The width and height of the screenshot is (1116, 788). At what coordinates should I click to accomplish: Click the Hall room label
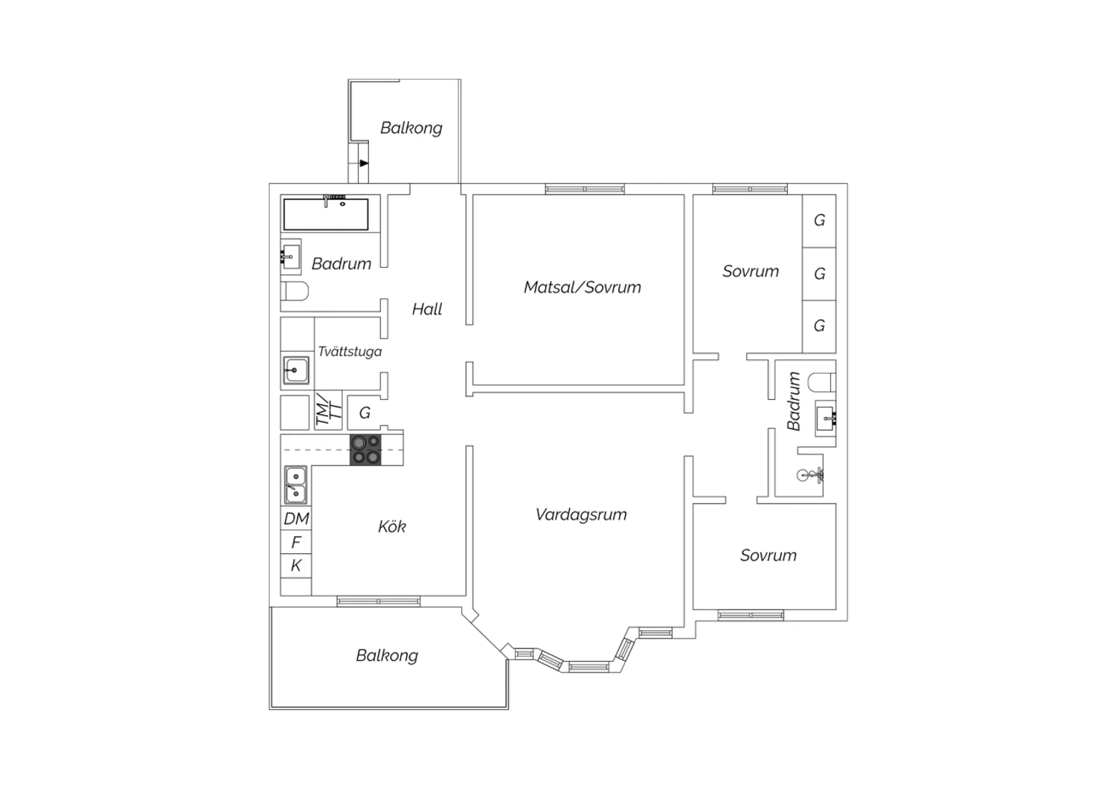point(427,310)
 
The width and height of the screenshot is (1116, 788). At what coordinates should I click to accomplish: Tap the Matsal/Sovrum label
point(583,287)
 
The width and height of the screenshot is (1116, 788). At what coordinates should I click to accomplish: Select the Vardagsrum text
point(581,514)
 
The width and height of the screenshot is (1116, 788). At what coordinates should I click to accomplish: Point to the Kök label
point(392,526)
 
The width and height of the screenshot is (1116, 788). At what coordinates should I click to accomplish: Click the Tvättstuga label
point(350,352)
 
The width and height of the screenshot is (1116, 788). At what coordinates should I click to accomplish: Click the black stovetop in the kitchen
point(365,450)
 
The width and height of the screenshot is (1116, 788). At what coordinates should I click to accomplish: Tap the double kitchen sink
point(295,485)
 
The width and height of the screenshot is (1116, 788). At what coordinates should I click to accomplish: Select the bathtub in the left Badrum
point(326,214)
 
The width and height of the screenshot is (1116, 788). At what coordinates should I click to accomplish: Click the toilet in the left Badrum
point(295,291)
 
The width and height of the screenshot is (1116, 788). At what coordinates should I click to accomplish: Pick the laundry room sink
point(296,370)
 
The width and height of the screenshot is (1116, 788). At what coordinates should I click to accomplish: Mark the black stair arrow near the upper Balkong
point(365,164)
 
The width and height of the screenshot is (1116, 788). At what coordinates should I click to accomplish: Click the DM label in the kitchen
point(296,519)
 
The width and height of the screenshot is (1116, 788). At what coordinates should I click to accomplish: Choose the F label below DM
point(296,542)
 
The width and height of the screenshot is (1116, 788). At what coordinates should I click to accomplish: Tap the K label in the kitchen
point(296,566)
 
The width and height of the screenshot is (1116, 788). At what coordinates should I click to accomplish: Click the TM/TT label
point(329,410)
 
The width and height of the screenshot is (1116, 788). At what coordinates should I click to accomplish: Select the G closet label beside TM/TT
point(365,413)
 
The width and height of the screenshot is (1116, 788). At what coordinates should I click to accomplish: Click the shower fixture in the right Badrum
point(810,475)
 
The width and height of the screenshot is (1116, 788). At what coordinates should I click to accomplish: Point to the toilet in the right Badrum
point(821,382)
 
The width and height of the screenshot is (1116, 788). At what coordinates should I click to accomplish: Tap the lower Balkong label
point(387,656)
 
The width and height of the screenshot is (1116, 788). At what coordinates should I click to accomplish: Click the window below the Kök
point(379,601)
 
